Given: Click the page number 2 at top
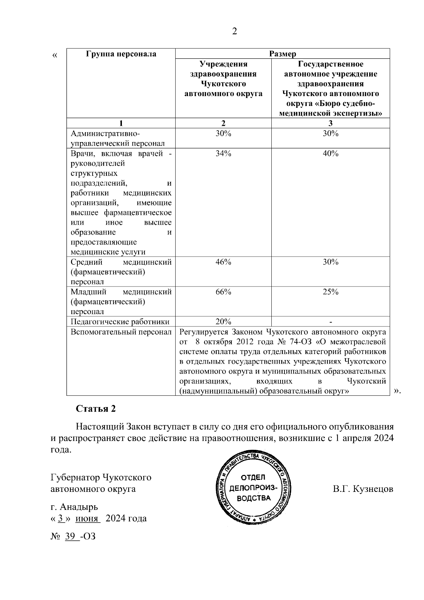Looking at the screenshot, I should coord(234,32).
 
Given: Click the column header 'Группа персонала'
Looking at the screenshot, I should coord(121,54).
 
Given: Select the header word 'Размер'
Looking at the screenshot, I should coord(282,54).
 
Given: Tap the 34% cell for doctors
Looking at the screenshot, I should coord(223,154).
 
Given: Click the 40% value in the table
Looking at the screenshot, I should coord(330,154).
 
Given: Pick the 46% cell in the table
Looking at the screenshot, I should coord(223,262).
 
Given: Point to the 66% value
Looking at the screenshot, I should coord(223,292).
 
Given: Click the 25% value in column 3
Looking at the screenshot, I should coord(330,292).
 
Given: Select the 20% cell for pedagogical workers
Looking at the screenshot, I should coord(223,322).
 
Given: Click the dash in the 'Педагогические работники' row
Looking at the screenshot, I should coord(330,322).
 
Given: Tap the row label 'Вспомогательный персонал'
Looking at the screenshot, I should coord(121,332).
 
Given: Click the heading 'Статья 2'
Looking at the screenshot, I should coord(96,409).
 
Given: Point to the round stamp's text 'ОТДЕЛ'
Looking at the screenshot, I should coord(253,478).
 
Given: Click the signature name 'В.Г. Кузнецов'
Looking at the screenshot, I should coord(363,489).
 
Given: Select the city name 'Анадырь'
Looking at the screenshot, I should coord(79,507).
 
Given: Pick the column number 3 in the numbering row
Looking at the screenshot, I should coord(330,123).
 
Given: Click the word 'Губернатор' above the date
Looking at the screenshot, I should coord(75,477).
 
